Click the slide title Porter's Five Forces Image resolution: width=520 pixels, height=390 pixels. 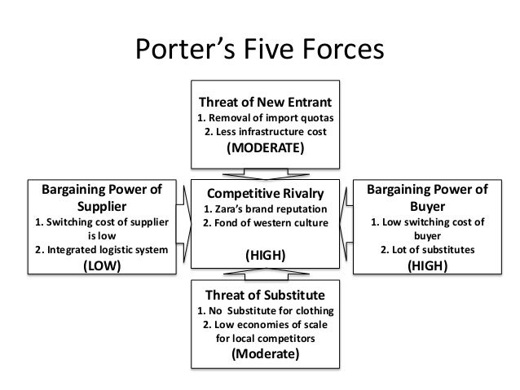(258, 50)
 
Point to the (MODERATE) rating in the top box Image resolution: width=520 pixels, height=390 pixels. (265, 149)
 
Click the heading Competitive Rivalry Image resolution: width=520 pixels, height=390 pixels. (265, 194)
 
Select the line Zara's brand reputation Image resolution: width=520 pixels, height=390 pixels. (265, 210)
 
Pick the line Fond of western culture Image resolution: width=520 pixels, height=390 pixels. (265, 224)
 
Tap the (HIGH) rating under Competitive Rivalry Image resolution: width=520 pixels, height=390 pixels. (265, 255)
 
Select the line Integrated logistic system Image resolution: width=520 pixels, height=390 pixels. (96, 250)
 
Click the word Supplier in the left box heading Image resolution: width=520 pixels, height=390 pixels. (96, 207)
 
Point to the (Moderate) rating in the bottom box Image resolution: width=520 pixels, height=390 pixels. (265, 355)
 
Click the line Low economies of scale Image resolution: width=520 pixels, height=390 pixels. (265, 324)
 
